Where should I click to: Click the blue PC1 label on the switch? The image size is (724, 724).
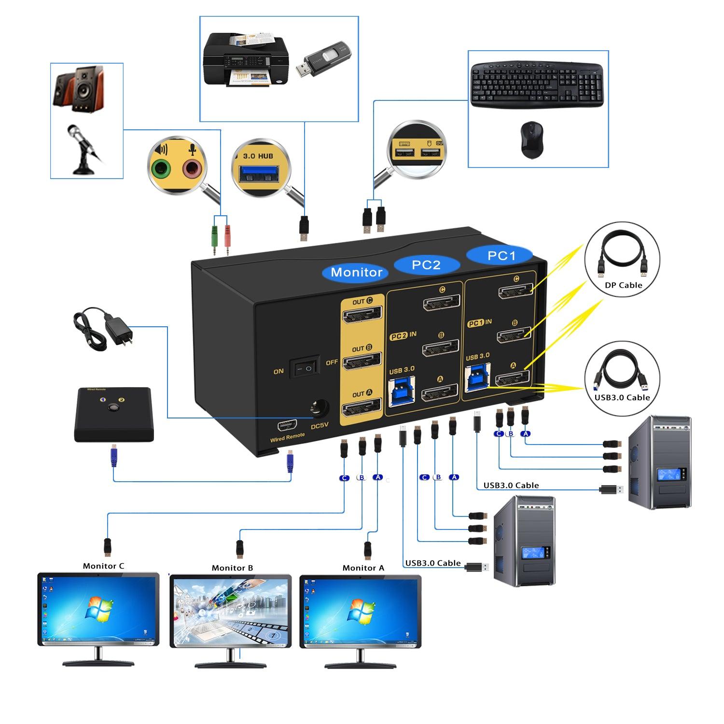click(501, 255)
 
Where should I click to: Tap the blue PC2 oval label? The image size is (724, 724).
click(426, 265)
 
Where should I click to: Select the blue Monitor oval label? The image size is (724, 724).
click(356, 272)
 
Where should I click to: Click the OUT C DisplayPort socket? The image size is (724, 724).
click(362, 315)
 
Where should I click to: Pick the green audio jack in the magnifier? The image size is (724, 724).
click(161, 169)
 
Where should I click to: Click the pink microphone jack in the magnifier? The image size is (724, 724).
click(192, 169)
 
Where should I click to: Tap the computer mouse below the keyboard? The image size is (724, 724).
click(531, 140)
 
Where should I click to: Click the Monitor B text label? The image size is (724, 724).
click(232, 568)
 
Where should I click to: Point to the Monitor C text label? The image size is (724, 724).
click(103, 566)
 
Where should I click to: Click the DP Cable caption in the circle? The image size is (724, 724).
click(623, 285)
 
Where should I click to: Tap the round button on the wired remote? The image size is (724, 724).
click(113, 407)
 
